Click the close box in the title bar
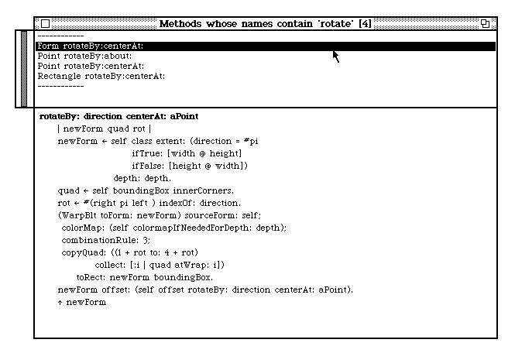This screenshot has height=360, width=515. (45, 24)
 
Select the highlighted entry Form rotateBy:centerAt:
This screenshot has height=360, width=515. (90, 46)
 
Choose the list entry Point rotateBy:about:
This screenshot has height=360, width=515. (84, 57)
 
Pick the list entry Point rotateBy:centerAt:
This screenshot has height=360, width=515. (90, 67)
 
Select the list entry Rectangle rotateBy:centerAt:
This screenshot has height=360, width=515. (101, 77)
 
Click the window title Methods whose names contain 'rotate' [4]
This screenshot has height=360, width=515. (264, 24)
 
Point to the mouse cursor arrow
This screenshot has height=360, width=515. (335, 56)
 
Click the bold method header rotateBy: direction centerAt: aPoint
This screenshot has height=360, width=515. (118, 116)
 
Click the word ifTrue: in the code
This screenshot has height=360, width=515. (147, 153)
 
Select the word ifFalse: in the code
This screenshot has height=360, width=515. (149, 166)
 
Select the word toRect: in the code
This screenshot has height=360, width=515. (92, 277)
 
